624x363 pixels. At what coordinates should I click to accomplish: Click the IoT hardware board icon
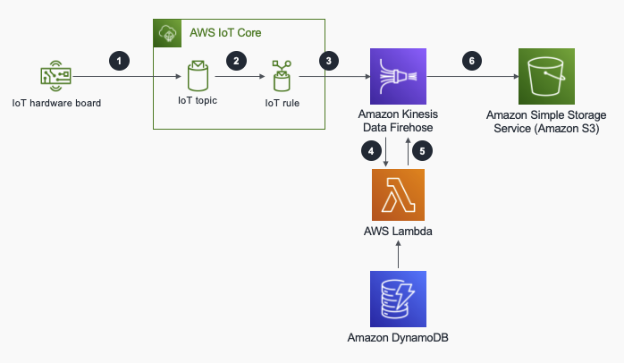55,78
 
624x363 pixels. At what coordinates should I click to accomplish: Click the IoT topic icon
198,78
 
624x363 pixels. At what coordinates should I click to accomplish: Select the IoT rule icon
282,78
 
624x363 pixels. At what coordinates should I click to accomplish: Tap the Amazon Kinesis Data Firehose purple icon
397,78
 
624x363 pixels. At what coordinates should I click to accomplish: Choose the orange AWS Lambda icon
398,195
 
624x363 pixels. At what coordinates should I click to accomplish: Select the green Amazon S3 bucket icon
545,78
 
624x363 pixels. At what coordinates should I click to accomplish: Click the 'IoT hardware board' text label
55,104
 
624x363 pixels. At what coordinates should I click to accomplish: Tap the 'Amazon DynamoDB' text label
398,338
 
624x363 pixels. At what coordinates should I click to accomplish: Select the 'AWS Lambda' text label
398,233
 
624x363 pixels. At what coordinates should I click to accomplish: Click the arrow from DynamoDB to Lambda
398,257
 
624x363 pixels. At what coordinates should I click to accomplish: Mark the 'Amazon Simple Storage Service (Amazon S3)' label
545,122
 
